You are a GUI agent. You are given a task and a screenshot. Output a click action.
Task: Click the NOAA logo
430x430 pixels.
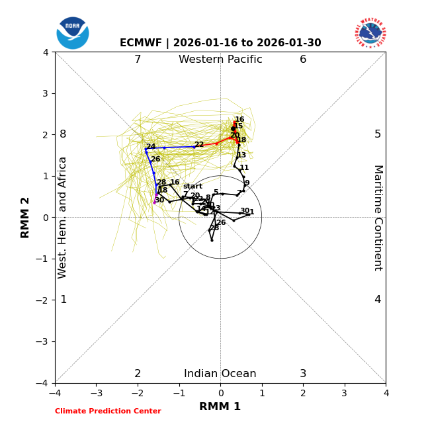click(73, 33)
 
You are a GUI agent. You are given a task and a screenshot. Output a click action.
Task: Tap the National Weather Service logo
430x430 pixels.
click(370, 33)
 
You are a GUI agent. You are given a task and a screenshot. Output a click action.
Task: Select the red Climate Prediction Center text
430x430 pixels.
click(108, 411)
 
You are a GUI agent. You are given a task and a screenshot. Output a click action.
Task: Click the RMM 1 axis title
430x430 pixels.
click(220, 407)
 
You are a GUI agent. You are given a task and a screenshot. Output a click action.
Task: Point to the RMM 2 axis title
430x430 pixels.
click(26, 217)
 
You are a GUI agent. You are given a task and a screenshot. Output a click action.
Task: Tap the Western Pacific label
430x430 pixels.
click(220, 60)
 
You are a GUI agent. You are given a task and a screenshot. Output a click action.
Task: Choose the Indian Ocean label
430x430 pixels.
click(220, 374)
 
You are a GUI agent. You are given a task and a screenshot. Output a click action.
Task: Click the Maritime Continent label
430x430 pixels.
click(377, 217)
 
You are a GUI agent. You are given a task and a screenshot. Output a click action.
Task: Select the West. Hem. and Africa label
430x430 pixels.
click(63, 217)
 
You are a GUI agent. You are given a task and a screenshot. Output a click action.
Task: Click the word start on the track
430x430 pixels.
click(193, 187)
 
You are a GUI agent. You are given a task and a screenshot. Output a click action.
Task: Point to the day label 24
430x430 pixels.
click(151, 147)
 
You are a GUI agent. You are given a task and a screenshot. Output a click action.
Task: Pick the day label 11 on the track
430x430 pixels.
click(244, 168)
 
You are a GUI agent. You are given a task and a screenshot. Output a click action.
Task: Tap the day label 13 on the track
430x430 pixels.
click(241, 155)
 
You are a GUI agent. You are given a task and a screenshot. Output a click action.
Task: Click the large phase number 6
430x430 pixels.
click(303, 60)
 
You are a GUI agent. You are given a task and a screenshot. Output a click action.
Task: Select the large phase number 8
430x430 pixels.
click(63, 134)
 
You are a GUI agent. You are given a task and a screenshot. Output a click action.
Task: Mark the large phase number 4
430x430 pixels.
click(378, 300)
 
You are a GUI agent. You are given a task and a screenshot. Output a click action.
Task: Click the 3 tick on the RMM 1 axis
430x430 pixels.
click(344, 394)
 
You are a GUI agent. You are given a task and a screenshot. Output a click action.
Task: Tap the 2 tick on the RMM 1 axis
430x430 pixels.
click(303, 394)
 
